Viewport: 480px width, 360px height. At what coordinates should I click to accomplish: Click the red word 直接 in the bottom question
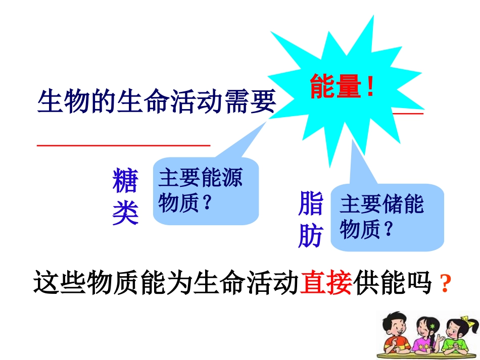[326, 283]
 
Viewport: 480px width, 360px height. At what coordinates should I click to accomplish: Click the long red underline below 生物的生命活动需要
[124, 145]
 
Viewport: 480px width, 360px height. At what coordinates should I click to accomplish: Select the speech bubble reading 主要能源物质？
[205, 191]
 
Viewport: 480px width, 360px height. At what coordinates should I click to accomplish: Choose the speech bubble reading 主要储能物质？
[387, 217]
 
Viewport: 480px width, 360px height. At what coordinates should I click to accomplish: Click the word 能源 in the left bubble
[222, 179]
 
